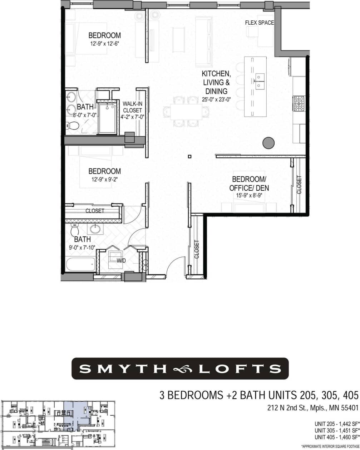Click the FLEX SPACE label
260,23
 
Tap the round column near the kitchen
268,143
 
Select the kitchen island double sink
260,81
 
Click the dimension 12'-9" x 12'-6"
104,44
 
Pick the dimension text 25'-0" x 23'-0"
216,99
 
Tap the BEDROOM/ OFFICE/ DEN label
251,183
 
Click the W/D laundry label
121,260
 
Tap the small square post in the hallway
189,156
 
